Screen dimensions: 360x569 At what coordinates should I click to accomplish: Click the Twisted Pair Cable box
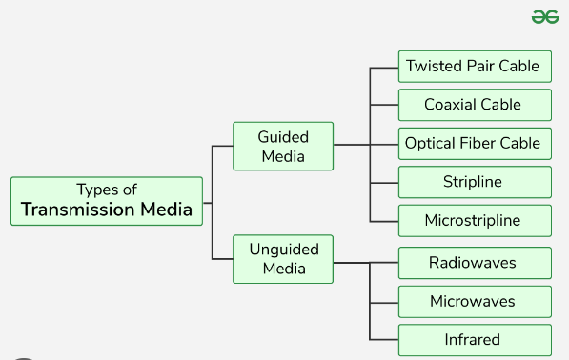click(x=474, y=67)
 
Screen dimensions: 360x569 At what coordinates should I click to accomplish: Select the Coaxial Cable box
click(x=474, y=105)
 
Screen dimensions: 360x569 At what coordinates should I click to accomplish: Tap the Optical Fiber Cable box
click(x=474, y=144)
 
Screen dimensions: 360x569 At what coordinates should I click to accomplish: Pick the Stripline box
click(x=474, y=182)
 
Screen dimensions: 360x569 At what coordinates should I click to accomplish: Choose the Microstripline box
click(x=474, y=221)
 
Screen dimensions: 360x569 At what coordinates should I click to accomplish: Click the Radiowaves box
click(x=474, y=263)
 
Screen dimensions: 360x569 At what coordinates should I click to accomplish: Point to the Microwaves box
click(x=474, y=302)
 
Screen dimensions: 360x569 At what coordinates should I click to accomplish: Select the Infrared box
click(x=474, y=340)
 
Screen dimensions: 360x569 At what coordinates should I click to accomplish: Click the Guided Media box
click(x=283, y=147)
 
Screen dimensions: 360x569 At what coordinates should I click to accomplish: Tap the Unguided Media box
click(x=283, y=259)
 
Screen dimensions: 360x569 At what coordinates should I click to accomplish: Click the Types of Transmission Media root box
click(x=107, y=201)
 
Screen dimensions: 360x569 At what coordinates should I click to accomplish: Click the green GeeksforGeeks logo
click(x=544, y=16)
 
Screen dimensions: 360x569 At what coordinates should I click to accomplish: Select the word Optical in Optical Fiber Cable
click(x=432, y=144)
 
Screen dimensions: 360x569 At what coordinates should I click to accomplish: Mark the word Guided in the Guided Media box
click(x=283, y=137)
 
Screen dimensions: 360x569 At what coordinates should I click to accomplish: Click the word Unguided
click(x=283, y=250)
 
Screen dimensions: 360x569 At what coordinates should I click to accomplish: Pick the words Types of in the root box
click(x=107, y=190)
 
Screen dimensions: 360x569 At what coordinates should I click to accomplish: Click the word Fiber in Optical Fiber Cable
click(x=481, y=144)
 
